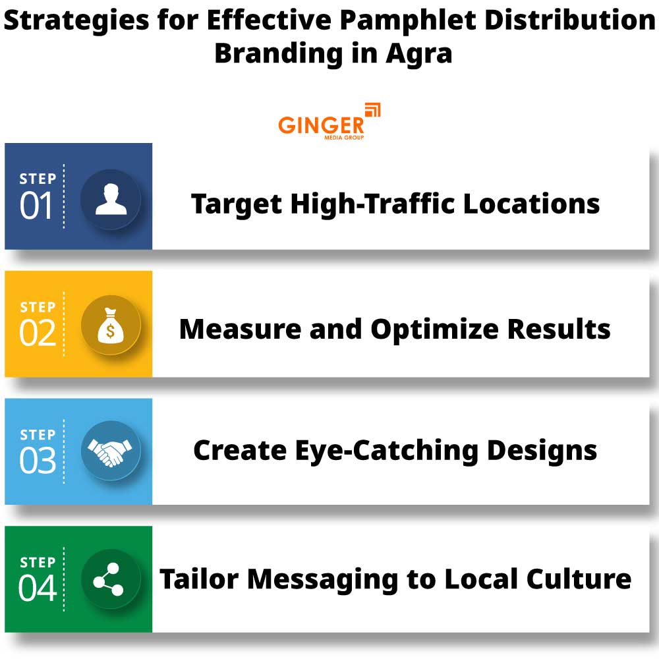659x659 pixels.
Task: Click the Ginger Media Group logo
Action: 329,121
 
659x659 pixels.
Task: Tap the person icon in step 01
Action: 111,199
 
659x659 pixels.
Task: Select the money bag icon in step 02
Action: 111,326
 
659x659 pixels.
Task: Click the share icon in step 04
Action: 109,579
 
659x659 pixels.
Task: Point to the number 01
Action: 36,206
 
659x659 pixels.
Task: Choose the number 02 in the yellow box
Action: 38,333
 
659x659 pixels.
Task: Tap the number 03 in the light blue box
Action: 38,460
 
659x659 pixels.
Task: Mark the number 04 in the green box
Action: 38,588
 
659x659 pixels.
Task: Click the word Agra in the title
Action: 418,54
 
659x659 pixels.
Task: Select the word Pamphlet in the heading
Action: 408,20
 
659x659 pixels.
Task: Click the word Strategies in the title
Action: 76,21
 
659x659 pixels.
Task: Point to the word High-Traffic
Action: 372,204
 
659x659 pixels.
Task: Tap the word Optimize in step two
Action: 434,330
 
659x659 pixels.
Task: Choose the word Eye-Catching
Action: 387,451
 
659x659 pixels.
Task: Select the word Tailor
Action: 199,579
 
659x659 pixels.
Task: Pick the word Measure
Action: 240,329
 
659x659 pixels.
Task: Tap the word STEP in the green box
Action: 38,562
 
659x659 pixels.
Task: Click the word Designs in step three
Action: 542,451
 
